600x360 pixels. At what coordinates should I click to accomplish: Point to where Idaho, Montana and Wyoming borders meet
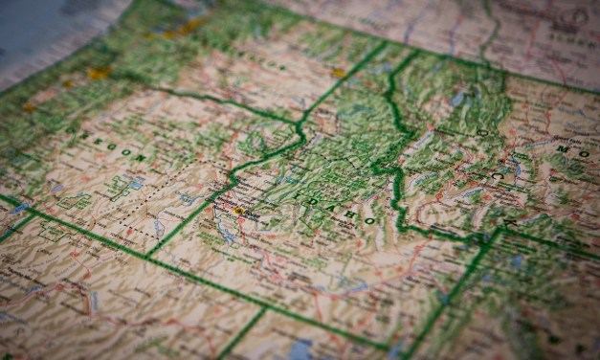(x=497, y=232)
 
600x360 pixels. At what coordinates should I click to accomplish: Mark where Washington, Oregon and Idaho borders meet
(x=301, y=123)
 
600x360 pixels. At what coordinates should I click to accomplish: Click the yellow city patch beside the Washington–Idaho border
(x=338, y=73)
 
